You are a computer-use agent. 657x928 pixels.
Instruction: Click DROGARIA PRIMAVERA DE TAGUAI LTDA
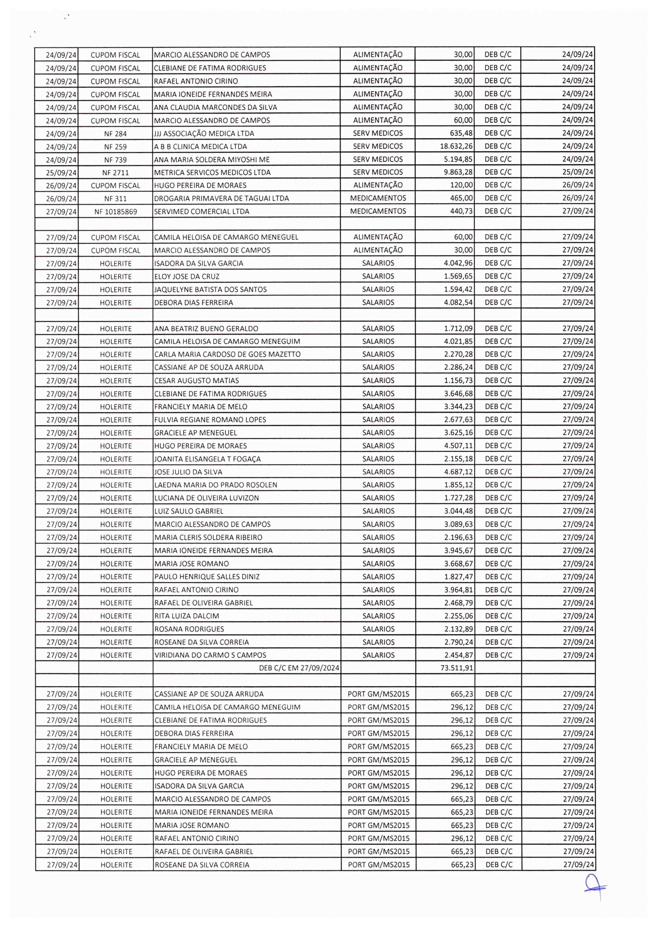tap(222, 199)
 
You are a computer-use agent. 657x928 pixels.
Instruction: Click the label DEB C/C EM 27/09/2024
tap(299, 668)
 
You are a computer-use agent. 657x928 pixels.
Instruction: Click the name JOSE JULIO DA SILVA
tap(188, 472)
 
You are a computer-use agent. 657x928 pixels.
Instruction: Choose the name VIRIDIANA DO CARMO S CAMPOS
tap(210, 655)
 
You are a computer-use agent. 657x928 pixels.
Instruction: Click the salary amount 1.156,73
tap(458, 381)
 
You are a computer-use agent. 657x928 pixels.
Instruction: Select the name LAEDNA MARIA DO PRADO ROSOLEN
tap(216, 485)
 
